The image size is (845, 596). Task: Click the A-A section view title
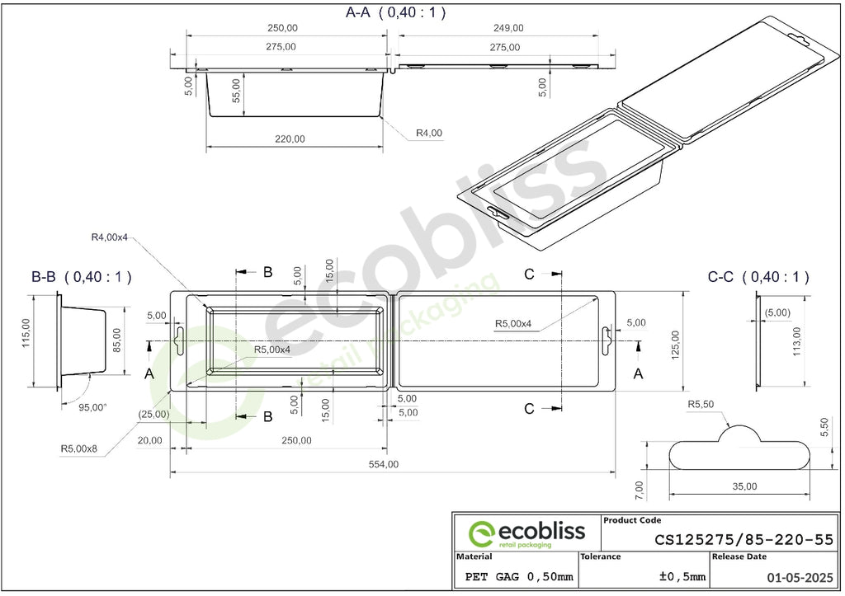[x=395, y=12]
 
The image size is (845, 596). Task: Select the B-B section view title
[x=82, y=277]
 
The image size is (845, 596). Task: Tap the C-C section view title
[x=758, y=277]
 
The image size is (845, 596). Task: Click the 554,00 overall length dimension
[x=384, y=464]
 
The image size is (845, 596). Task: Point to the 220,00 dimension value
[x=290, y=139]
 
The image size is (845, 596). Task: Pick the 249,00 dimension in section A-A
[x=508, y=28]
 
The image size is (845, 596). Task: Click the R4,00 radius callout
[x=429, y=133]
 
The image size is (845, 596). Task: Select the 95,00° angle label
[x=92, y=407]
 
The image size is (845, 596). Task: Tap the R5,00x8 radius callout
[x=78, y=448]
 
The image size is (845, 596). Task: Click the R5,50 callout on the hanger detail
[x=701, y=404]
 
